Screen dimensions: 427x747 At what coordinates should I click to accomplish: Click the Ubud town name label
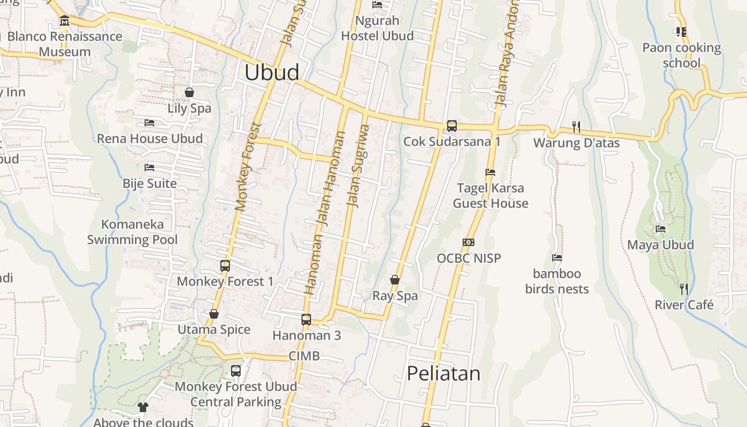tap(272, 73)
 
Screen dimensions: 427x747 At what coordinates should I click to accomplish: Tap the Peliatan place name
tap(443, 373)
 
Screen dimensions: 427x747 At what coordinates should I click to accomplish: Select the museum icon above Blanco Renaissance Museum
tap(65, 21)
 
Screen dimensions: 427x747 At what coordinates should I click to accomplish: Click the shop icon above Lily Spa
tap(189, 92)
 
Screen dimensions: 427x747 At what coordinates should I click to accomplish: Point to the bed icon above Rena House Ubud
tap(149, 123)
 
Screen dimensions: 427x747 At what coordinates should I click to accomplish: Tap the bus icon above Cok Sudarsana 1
tap(451, 126)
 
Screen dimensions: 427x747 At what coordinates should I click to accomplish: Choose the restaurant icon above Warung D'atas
tap(576, 126)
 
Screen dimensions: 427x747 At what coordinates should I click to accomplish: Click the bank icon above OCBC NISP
tap(468, 242)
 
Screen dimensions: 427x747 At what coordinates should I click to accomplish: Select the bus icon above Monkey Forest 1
tap(225, 265)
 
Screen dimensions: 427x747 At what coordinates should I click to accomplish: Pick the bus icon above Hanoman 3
tap(306, 320)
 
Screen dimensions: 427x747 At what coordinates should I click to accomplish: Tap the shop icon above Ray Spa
tap(395, 280)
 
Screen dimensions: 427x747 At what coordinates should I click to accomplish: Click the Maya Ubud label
tap(661, 245)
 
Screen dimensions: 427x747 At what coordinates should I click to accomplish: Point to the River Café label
tap(684, 305)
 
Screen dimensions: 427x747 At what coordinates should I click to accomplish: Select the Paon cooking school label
tap(681, 56)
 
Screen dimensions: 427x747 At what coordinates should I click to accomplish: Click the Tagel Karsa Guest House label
tap(490, 195)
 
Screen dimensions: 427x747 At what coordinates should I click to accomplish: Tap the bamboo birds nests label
tap(557, 281)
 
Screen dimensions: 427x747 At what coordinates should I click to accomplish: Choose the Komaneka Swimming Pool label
tap(132, 232)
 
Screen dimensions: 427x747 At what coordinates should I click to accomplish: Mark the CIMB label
tap(304, 355)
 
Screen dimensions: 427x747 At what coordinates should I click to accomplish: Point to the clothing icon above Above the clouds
tap(142, 407)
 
